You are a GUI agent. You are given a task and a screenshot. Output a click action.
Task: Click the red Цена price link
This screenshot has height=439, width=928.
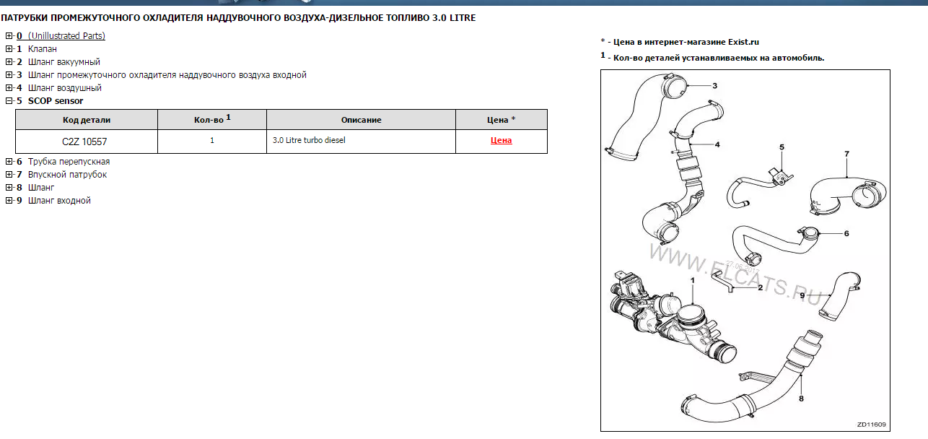coord(501,140)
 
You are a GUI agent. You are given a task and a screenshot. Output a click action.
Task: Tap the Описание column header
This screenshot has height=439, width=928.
coord(361,120)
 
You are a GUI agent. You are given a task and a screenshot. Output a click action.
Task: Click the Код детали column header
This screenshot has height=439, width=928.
coord(86,120)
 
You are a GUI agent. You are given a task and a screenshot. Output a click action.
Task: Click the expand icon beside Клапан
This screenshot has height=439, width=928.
coord(9,49)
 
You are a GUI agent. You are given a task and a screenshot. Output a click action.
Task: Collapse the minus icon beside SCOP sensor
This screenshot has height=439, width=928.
coord(9,101)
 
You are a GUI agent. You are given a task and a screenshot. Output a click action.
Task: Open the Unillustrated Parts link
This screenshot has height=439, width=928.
coord(66,35)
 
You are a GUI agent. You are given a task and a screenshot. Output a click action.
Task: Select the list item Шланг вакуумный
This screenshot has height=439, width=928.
coord(64,62)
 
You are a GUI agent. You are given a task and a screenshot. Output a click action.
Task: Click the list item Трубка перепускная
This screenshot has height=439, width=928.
coord(69,161)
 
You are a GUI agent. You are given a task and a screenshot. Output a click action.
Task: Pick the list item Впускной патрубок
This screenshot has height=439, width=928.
coord(67,175)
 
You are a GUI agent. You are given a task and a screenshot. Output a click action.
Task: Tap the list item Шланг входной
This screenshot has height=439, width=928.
coord(59,201)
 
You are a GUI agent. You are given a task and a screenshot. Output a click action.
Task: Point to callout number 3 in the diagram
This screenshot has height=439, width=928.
coord(714,86)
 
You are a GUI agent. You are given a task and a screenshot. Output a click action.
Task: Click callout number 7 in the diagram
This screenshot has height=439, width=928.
coord(846,154)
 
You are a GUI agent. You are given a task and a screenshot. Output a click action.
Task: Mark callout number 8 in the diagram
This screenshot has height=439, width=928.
coord(801,399)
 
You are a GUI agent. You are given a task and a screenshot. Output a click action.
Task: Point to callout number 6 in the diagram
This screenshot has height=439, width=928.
coord(846,233)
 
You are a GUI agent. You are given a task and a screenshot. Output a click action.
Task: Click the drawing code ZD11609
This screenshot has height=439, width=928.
coord(871,424)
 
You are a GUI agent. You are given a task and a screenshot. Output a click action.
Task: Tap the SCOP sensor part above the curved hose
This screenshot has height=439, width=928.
coord(781,177)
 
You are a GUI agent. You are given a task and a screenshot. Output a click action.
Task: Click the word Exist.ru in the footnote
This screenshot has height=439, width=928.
coord(744,42)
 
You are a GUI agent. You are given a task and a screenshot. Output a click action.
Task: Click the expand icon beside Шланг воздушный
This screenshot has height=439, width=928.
coord(9,88)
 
